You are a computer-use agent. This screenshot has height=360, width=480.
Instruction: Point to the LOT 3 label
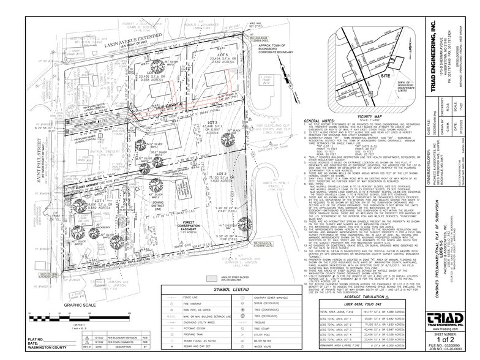pyautogui.click(x=214, y=122)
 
